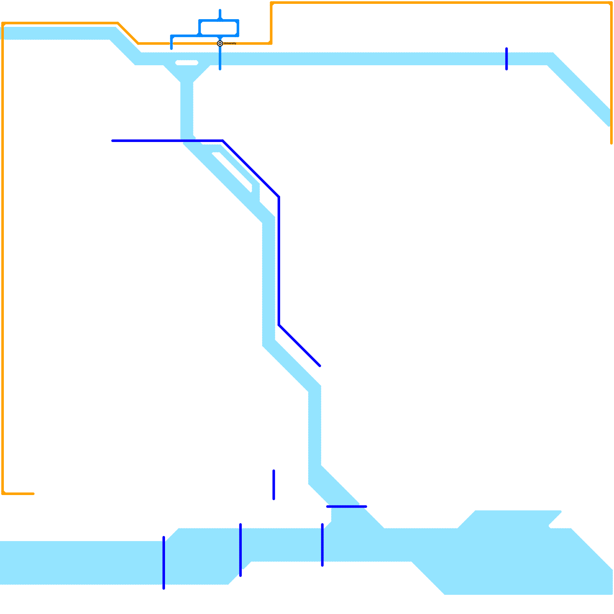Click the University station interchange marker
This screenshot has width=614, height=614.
click(220, 43)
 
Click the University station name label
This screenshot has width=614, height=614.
click(230, 43)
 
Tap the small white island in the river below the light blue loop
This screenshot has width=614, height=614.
click(187, 63)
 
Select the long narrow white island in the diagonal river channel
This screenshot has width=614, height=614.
click(232, 172)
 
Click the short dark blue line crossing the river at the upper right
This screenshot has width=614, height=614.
click(507, 59)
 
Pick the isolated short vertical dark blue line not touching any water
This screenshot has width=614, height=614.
click(274, 485)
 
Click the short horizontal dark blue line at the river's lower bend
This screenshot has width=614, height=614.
click(347, 507)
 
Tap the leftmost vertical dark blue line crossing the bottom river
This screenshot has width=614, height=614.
click(164, 563)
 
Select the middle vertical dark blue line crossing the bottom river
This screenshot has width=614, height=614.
click(241, 550)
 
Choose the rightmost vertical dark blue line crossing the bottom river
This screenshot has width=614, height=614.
click(322, 545)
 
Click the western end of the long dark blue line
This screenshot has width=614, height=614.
click(112, 141)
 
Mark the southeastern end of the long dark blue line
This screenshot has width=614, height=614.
click(320, 366)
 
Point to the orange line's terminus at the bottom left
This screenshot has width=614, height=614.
click(33, 494)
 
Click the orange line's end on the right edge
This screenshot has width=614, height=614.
click(611, 143)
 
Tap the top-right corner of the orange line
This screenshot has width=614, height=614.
click(611, 3)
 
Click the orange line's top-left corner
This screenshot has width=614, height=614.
click(3, 23)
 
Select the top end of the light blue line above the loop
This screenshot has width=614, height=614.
click(220, 10)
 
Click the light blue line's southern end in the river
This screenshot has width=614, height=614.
click(220, 69)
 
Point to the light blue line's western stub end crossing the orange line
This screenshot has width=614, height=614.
click(172, 49)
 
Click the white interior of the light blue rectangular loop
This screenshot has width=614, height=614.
click(219, 28)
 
